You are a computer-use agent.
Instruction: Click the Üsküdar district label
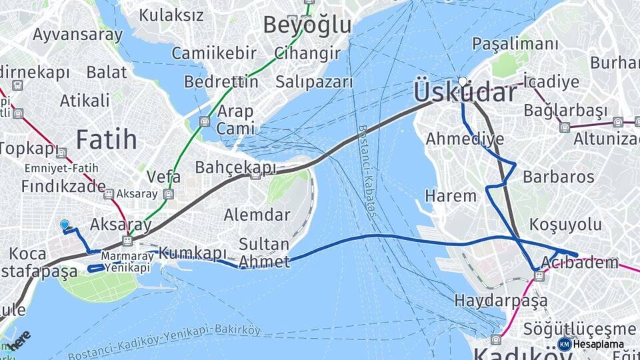coord(465,92)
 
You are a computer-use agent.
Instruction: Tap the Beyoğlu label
coord(307,25)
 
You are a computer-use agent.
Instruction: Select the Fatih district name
coord(106,140)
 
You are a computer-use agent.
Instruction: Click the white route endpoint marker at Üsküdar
coord(463,81)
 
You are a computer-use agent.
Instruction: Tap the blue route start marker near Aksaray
coord(65,225)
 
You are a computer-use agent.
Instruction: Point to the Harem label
coord(451,196)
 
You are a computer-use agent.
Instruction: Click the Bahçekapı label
coord(235,167)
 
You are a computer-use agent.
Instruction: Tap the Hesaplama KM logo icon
coord(565,344)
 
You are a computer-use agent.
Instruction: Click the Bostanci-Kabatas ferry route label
coord(367,173)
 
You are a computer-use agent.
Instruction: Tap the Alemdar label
coord(257,215)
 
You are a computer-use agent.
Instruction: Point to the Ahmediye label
coord(465,139)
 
